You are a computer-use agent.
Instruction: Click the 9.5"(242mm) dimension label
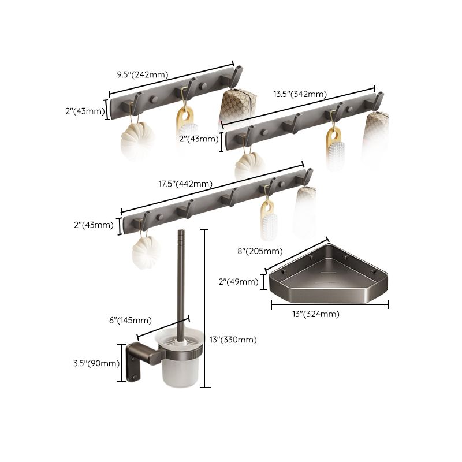tap(142, 74)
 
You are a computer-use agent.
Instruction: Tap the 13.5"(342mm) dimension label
tap(300, 94)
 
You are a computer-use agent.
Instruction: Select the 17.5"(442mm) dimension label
tap(184, 184)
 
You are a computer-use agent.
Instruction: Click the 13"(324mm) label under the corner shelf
tap(315, 314)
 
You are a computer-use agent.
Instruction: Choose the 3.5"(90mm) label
tap(96, 363)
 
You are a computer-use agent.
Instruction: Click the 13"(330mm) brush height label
tap(233, 340)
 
